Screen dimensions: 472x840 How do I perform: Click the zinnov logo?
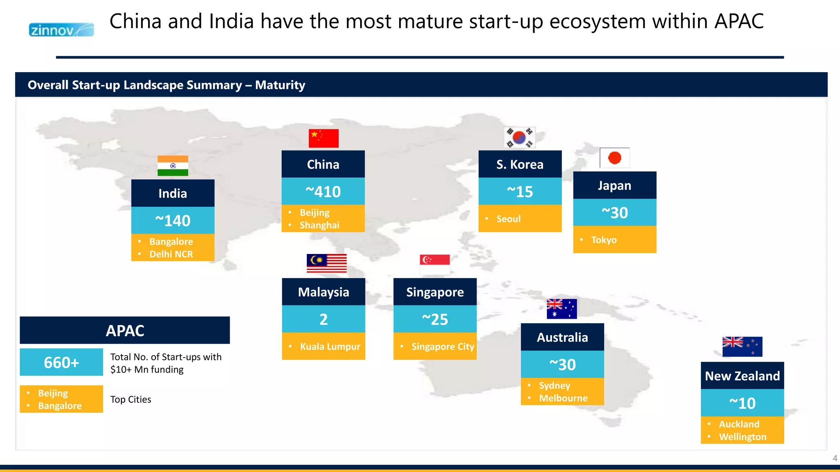[x=61, y=30]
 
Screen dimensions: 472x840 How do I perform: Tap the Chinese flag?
[x=324, y=138]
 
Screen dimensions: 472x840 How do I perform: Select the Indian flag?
[x=173, y=166]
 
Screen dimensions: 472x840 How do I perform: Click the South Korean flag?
[x=520, y=138]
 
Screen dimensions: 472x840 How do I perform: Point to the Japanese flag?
[x=614, y=158]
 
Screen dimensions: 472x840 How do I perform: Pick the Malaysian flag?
[x=326, y=263]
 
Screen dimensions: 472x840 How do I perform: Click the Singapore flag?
[x=435, y=264]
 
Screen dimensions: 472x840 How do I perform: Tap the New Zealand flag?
[x=742, y=347]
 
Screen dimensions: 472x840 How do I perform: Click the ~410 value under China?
[x=323, y=191]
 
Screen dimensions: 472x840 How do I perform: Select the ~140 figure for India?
[x=173, y=220]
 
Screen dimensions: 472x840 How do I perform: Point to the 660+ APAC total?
[x=62, y=362]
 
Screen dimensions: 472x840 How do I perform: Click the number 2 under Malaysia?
[x=324, y=319]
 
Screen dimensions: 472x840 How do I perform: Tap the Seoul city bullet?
[x=508, y=219]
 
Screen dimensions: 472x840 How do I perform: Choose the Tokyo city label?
[x=604, y=240]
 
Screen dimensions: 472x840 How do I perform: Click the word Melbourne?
[x=563, y=398]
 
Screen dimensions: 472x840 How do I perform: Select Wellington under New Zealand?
[x=742, y=437]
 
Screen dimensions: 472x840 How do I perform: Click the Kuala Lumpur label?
[x=330, y=347]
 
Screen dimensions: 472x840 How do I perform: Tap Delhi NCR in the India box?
[x=171, y=254]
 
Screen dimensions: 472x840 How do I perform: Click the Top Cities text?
[x=130, y=399]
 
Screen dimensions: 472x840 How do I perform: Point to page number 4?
[x=835, y=458]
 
